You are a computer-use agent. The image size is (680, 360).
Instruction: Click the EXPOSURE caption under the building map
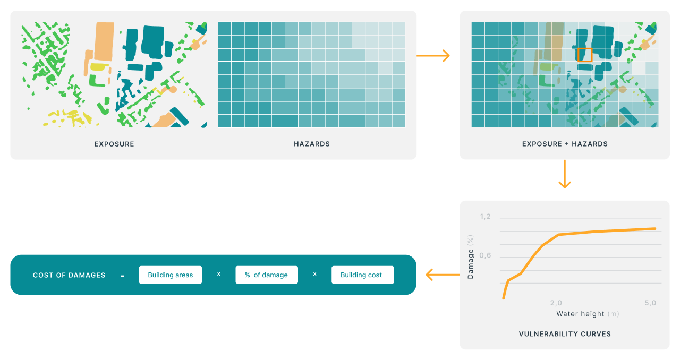[114, 144]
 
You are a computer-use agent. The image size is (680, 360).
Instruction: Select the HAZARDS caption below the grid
[312, 144]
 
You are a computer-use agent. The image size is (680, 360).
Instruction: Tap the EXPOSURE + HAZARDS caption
[565, 144]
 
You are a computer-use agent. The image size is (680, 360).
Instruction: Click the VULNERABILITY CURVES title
[565, 334]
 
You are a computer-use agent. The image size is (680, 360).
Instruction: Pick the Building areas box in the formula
[171, 275]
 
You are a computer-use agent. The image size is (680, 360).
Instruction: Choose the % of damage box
[267, 275]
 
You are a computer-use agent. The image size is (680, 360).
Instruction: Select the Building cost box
[363, 275]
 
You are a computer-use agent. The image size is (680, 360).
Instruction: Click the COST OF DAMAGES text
[69, 275]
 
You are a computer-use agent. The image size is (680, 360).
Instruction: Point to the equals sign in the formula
[122, 276]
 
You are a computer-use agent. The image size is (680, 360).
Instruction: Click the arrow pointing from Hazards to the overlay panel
[433, 56]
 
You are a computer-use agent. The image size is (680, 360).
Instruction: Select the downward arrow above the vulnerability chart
[565, 174]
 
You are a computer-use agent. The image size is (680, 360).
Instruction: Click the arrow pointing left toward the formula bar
[443, 275]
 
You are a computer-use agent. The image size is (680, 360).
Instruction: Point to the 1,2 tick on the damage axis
[485, 217]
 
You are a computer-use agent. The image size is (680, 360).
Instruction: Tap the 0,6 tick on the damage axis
[485, 255]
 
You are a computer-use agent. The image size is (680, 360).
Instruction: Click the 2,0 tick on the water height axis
[556, 303]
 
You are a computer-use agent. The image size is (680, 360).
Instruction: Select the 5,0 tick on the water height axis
[650, 303]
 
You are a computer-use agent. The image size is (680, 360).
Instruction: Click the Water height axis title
[588, 314]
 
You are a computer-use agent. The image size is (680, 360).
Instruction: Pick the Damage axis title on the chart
[471, 257]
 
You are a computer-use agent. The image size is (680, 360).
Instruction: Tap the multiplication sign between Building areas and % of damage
[218, 274]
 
